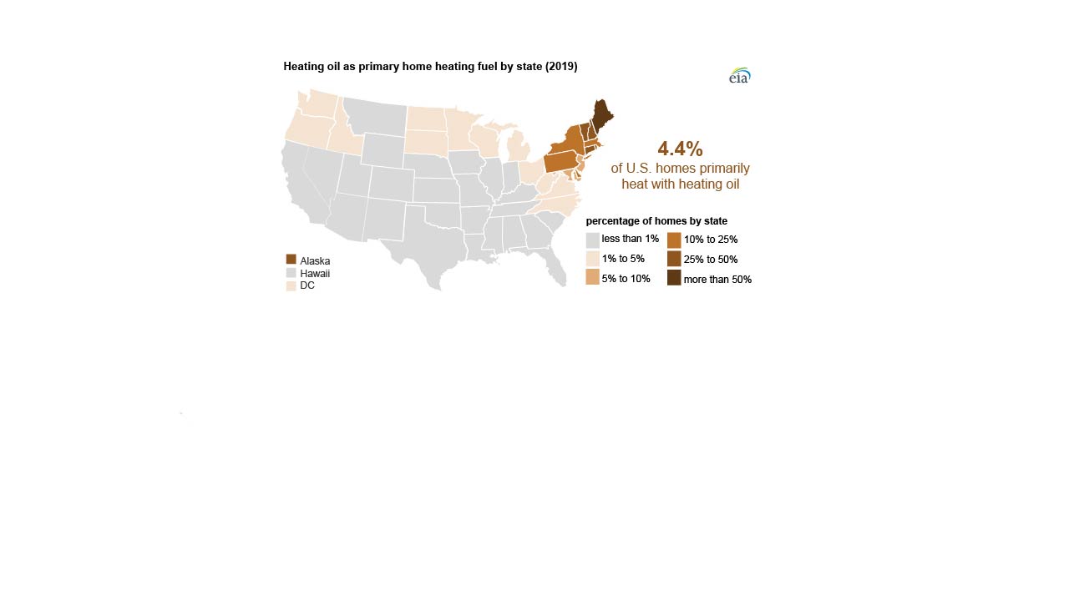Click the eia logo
click(739, 76)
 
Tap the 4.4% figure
click(680, 149)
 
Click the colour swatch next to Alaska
click(291, 260)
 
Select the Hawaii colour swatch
click(291, 273)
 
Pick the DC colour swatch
click(291, 285)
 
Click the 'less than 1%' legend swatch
click(592, 240)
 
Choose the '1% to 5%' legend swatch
click(592, 259)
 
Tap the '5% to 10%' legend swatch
click(592, 278)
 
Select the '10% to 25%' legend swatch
click(674, 240)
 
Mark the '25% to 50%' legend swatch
click(674, 259)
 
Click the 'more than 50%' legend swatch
click(674, 278)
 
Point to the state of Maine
click(601, 114)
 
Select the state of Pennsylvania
click(562, 160)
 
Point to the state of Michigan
click(519, 148)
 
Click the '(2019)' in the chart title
click(561, 66)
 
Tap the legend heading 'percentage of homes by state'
click(656, 221)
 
